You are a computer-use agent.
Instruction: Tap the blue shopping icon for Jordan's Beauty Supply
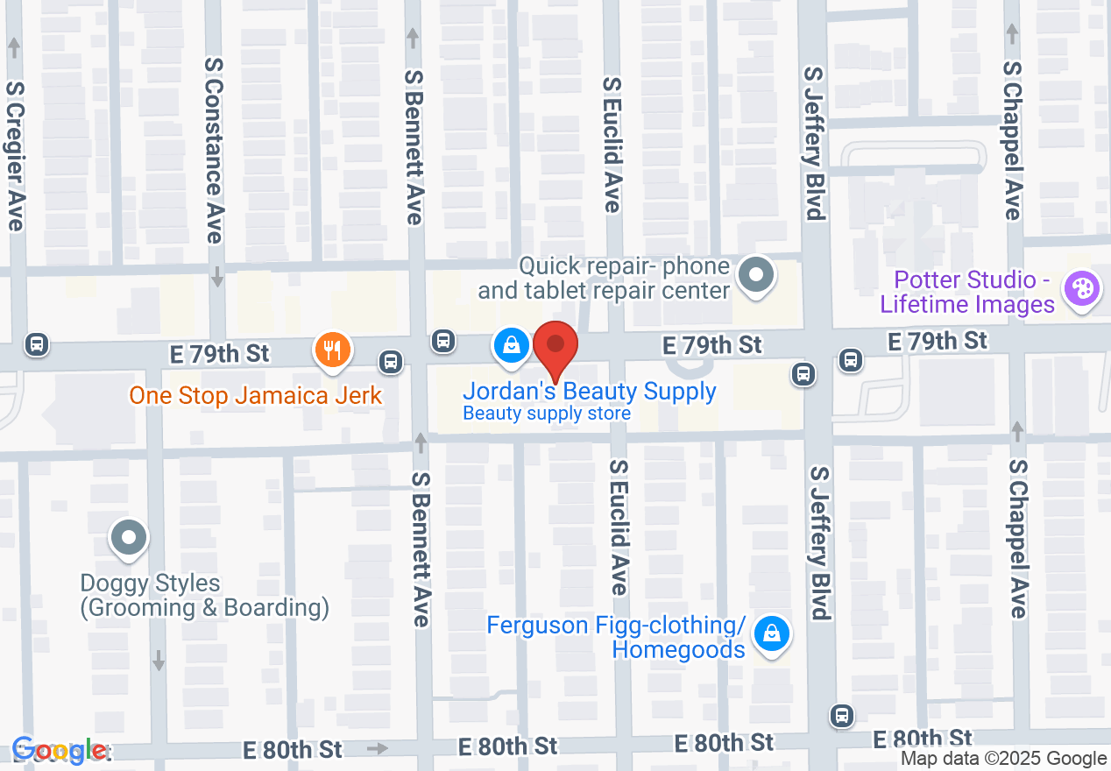coord(510,345)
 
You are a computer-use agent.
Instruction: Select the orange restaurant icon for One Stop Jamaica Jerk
coord(332,350)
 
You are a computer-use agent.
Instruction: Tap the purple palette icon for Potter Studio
coord(1080,289)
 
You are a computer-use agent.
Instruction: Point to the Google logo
coord(60,750)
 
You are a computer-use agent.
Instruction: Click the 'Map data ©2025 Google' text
coord(1004,759)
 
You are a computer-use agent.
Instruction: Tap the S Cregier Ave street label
coord(15,156)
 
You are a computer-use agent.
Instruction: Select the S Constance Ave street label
coord(214,150)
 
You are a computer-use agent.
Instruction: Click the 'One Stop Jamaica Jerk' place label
coord(255,395)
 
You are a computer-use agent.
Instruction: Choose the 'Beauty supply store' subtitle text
coord(547,414)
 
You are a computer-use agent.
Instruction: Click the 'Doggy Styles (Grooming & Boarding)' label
coord(204,595)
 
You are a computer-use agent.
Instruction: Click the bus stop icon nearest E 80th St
coord(842,715)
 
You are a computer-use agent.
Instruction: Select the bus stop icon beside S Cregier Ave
coord(37,343)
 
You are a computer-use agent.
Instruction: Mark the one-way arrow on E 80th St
coord(377,748)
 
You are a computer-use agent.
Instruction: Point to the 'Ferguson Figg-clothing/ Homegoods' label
coord(616,637)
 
